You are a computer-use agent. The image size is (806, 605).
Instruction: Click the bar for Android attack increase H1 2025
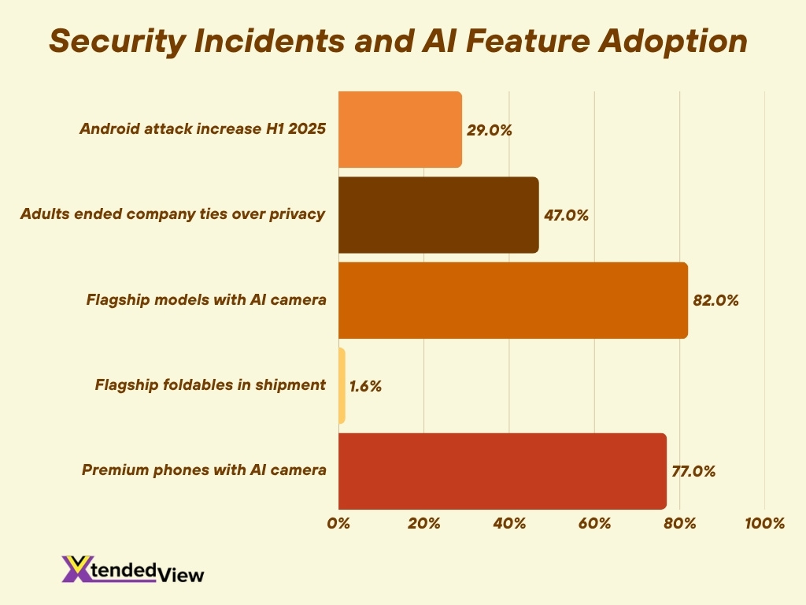pyautogui.click(x=400, y=129)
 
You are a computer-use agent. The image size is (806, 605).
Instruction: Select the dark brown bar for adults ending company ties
pyautogui.click(x=438, y=214)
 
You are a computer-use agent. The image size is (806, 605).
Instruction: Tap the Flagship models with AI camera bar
pyautogui.click(x=513, y=300)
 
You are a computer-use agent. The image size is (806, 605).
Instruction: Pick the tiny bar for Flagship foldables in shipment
pyautogui.click(x=342, y=385)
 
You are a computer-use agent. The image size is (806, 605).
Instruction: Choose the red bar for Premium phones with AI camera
pyautogui.click(x=502, y=471)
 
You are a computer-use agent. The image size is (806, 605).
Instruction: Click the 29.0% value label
pyautogui.click(x=489, y=130)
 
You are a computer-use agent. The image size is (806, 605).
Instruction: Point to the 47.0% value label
pyautogui.click(x=566, y=215)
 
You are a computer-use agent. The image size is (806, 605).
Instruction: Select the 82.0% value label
pyautogui.click(x=715, y=300)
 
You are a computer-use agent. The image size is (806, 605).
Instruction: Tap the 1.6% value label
pyautogui.click(x=365, y=386)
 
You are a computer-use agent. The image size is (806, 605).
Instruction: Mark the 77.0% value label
pyautogui.click(x=693, y=472)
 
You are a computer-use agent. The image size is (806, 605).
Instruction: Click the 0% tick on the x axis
pyautogui.click(x=338, y=523)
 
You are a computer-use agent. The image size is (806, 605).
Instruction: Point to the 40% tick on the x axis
pyautogui.click(x=509, y=523)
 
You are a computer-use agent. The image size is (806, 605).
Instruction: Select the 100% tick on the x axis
pyautogui.click(x=764, y=523)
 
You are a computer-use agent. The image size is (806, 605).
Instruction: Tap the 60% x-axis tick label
pyautogui.click(x=594, y=523)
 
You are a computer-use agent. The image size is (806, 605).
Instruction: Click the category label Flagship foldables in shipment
pyautogui.click(x=210, y=385)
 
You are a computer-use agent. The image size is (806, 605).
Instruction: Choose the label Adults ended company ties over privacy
pyautogui.click(x=172, y=214)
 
